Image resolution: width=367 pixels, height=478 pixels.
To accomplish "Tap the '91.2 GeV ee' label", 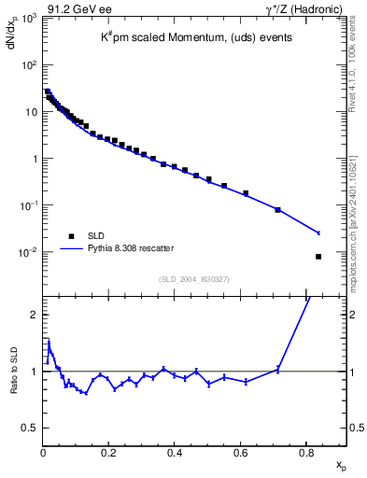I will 79,8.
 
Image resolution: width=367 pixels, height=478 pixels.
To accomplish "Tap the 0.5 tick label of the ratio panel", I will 31,428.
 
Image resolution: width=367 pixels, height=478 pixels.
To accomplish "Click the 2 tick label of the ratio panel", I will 34,315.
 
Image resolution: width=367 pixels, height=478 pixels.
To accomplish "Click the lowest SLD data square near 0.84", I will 318,257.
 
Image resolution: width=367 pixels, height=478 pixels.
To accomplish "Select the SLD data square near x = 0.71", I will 278,210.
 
